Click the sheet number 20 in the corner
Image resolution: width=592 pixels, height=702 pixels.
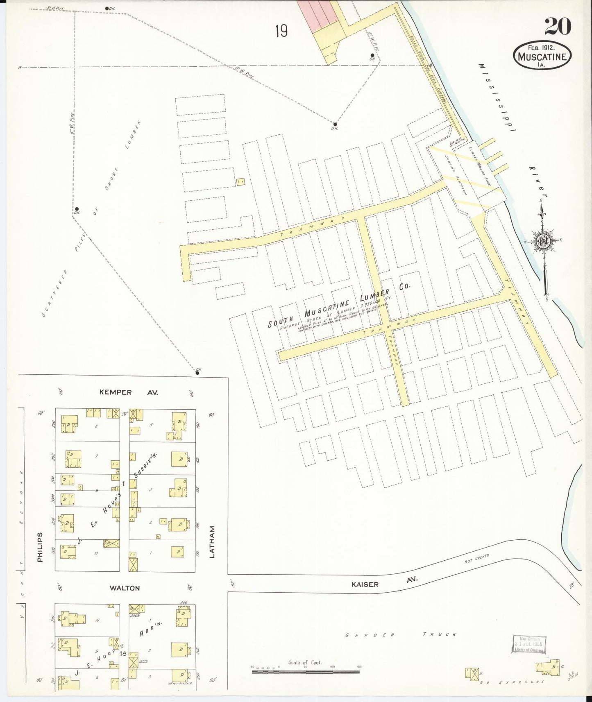558,27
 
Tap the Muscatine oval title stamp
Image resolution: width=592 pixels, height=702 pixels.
542,55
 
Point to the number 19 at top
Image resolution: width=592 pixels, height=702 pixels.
281,31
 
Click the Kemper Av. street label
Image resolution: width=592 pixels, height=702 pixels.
128,392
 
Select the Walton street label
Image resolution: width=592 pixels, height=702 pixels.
125,588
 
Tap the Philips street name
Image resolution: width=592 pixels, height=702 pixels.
40,547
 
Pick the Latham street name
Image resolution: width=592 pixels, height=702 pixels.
212,542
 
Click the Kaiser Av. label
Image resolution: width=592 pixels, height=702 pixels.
383,583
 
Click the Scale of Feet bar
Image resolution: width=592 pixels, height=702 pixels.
305,672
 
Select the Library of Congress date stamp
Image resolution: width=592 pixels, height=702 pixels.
529,644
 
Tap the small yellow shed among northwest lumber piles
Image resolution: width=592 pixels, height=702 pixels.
241,181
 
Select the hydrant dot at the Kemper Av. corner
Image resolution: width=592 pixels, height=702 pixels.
197,373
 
